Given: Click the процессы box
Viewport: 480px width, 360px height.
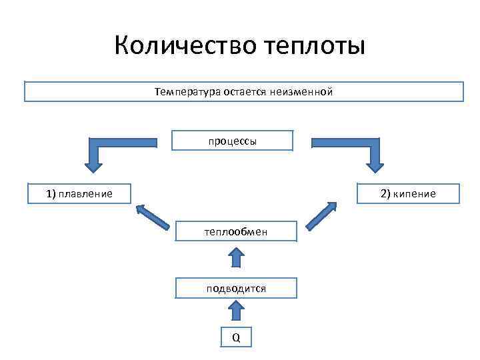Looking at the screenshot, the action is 232,141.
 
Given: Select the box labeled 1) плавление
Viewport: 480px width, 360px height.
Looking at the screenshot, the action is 79,194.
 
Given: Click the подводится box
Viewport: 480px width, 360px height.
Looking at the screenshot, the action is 235,288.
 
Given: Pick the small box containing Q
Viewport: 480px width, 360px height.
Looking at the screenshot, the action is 235,337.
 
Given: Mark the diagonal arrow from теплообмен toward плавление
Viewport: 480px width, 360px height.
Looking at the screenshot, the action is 152,217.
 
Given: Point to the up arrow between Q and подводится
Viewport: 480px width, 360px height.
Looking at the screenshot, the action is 235,311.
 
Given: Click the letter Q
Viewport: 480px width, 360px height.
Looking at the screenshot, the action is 235,337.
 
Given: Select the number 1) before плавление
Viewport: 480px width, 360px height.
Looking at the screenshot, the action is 51,194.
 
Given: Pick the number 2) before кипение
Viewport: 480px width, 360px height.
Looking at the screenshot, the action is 385,193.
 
